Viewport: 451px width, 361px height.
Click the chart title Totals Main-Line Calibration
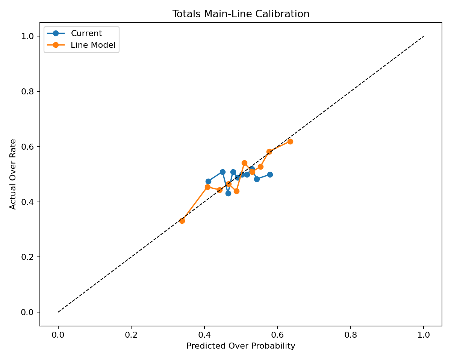241,14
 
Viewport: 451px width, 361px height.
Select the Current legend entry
86,33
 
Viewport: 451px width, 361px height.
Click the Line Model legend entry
93,45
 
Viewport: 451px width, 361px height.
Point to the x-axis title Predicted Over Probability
241,346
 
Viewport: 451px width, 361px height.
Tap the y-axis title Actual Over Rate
13,174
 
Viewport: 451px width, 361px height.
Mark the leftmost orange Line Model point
182,221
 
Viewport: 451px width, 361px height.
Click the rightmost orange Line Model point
290,141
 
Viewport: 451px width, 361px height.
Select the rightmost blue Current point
270,174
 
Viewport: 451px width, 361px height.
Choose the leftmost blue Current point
208,181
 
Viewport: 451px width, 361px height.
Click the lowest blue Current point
228,193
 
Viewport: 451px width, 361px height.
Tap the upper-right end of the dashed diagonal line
424,36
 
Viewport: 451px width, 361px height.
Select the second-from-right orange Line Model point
269,152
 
